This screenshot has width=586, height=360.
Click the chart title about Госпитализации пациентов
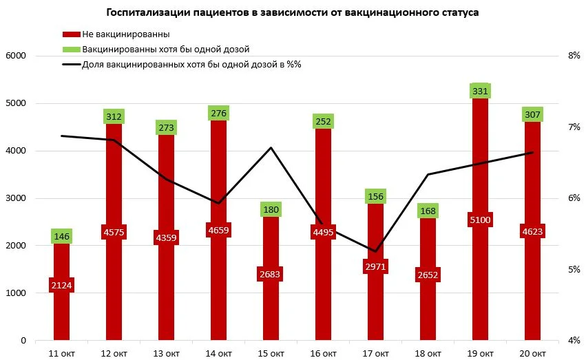[x=293, y=12]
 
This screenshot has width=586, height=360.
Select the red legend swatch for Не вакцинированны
[x=71, y=34]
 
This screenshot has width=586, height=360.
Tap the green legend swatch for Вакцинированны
[x=71, y=50]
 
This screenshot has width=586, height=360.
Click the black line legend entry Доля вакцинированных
[x=71, y=65]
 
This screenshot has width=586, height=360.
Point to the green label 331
[x=480, y=91]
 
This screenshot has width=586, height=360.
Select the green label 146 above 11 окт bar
[x=61, y=237]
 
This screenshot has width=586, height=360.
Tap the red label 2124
[x=61, y=285]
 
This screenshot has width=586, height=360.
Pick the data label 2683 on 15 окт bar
[x=271, y=274]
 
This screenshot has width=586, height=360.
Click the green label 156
[x=375, y=196]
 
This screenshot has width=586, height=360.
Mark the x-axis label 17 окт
[x=375, y=353]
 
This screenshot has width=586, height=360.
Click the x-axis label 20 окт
[x=532, y=353]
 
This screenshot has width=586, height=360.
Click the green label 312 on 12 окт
[x=114, y=116]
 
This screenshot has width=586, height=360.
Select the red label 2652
[x=428, y=275]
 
